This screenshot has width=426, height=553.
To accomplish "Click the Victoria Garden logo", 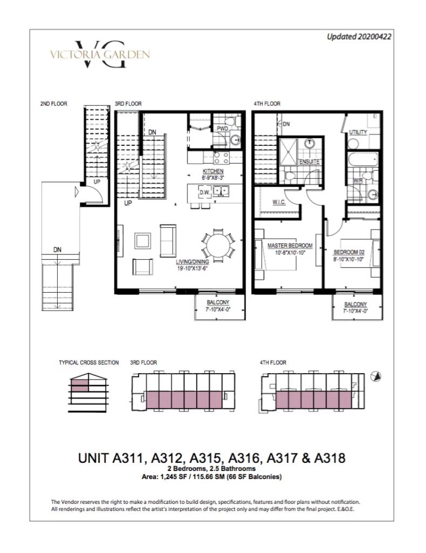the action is pyautogui.click(x=100, y=55).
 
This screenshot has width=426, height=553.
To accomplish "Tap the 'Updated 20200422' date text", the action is pyautogui.click(x=359, y=37).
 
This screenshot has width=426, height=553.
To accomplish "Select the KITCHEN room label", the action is pyautogui.click(x=213, y=171).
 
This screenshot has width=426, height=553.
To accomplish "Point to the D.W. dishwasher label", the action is pyautogui.click(x=204, y=193).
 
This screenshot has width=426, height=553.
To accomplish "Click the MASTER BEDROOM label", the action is pyautogui.click(x=290, y=246).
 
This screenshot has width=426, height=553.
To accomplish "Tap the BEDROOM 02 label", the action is pyautogui.click(x=349, y=252).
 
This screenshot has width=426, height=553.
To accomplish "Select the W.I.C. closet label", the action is pyautogui.click(x=279, y=202).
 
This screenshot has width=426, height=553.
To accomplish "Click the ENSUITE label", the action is pyautogui.click(x=310, y=161).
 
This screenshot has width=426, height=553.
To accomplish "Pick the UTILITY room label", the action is pyautogui.click(x=358, y=132).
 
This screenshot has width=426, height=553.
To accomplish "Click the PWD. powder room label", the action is pyautogui.click(x=223, y=129).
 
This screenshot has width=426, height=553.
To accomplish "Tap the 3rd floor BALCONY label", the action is pyautogui.click(x=218, y=302).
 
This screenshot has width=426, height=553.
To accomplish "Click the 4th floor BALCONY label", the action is pyautogui.click(x=355, y=305).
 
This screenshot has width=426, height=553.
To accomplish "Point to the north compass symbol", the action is pyautogui.click(x=376, y=376).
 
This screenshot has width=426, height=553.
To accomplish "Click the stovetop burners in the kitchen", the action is pyautogui.click(x=222, y=158).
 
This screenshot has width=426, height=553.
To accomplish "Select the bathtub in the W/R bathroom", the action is pyautogui.click(x=363, y=159).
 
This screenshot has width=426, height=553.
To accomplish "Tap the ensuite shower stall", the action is pyautogui.click(x=288, y=152).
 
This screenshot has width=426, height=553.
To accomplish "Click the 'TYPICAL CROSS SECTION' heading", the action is pyautogui.click(x=89, y=362).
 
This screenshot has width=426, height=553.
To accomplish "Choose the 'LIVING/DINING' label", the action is pyautogui.click(x=193, y=262).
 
